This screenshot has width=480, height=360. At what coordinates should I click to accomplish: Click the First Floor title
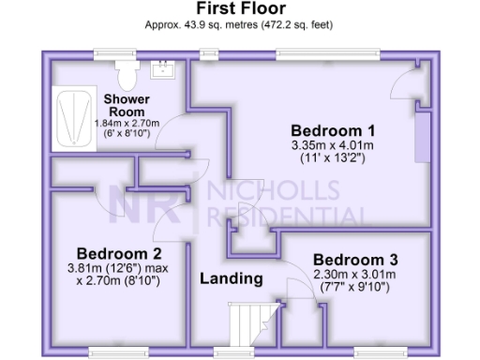(x=240, y=9)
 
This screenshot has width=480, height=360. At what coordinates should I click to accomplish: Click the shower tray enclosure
(x=70, y=117)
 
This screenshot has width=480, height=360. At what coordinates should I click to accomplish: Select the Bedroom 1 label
(x=333, y=129)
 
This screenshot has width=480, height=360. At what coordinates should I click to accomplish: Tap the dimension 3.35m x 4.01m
(x=333, y=145)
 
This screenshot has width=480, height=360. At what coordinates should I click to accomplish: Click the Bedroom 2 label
(x=119, y=253)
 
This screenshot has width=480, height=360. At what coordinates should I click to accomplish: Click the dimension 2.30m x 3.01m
(x=355, y=274)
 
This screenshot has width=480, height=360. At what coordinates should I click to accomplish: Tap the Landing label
(x=231, y=279)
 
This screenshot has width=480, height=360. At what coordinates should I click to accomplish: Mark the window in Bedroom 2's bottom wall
(x=118, y=352)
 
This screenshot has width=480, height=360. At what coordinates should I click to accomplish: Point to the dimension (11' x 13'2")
(x=333, y=159)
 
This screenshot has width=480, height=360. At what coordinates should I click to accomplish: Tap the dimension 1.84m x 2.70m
(x=127, y=123)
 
